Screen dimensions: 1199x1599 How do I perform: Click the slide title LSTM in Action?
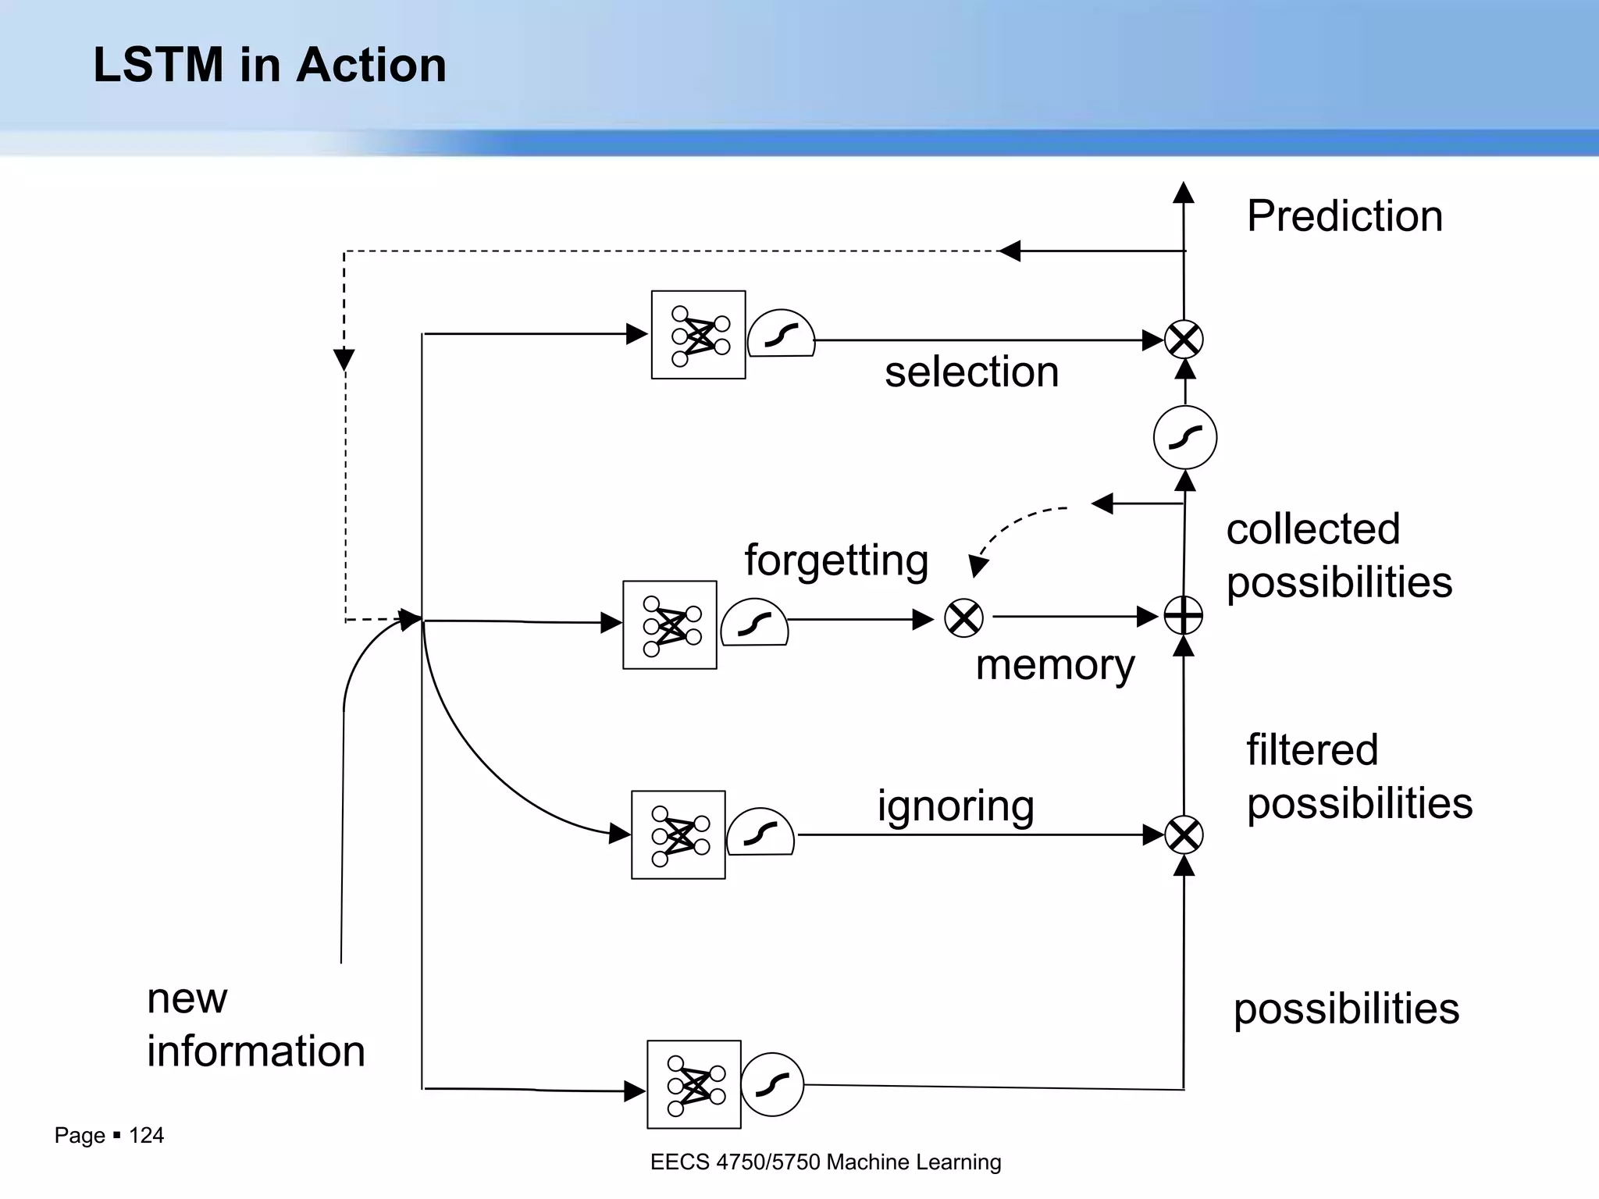click(269, 65)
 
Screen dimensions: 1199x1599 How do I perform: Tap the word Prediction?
click(1344, 216)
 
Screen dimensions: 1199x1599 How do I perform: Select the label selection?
click(971, 372)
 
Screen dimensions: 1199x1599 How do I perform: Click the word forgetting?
click(836, 560)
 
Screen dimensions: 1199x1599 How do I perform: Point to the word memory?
click(1055, 665)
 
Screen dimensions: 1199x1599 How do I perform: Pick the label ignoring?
click(956, 806)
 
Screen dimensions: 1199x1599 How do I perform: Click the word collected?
click(1312, 529)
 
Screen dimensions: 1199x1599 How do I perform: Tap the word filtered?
click(1312, 750)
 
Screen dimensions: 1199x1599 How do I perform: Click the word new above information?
click(187, 998)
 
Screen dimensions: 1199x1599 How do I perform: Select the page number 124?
click(146, 1135)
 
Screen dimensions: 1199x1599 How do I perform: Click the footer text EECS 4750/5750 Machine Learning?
click(825, 1162)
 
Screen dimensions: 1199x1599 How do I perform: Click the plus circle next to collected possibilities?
click(1184, 616)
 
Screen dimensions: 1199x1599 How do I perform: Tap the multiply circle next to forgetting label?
click(963, 618)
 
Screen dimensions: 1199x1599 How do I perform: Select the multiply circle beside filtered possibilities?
click(1184, 836)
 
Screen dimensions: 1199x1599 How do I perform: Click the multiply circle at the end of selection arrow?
click(1184, 340)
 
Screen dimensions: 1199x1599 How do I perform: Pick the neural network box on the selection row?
click(698, 335)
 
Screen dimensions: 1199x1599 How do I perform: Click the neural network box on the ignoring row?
click(678, 835)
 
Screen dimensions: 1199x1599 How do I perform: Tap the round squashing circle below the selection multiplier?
click(1184, 437)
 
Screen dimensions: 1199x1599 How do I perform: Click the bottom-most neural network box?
click(693, 1084)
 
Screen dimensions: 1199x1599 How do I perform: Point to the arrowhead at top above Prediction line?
click(1184, 192)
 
